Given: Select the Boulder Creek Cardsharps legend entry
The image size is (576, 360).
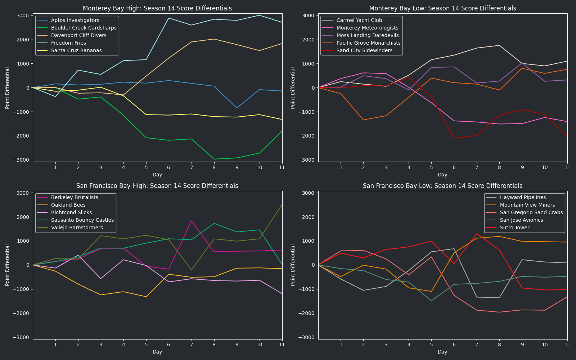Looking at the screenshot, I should pyautogui.click(x=84, y=28).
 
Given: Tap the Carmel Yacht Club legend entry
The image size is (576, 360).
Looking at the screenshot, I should pyautogui.click(x=359, y=20).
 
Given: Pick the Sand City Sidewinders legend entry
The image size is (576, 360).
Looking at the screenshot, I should pyautogui.click(x=364, y=50).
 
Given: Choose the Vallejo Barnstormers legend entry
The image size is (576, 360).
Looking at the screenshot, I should pyautogui.click(x=77, y=228).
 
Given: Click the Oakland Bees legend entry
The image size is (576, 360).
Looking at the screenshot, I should pyautogui.click(x=68, y=205).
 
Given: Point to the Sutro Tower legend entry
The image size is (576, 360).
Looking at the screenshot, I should pyautogui.click(x=514, y=228).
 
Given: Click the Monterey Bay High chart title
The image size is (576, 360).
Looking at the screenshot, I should pyautogui.click(x=157, y=8).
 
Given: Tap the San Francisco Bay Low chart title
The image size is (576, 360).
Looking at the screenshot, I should pyautogui.click(x=442, y=186).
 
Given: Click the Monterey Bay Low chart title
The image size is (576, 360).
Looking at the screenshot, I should pyautogui.click(x=442, y=8).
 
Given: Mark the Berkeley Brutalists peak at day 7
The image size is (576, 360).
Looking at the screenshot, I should pyautogui.click(x=192, y=221).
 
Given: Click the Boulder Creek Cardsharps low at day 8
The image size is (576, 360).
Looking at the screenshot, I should pyautogui.click(x=214, y=159).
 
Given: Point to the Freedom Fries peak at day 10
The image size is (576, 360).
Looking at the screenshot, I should pyautogui.click(x=259, y=15).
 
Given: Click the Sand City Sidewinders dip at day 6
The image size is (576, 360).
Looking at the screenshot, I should pyautogui.click(x=454, y=138).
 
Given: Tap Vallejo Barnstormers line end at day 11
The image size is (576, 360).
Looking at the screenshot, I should pyautogui.click(x=282, y=205).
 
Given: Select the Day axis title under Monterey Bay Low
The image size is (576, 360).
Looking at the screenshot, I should pyautogui.click(x=442, y=175).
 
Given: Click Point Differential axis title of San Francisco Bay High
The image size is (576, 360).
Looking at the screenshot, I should pyautogui.click(x=8, y=265).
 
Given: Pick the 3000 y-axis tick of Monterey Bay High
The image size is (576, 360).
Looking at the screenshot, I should pyautogui.click(x=23, y=15).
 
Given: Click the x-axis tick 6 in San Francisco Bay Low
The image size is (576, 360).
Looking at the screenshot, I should pyautogui.click(x=454, y=345).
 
